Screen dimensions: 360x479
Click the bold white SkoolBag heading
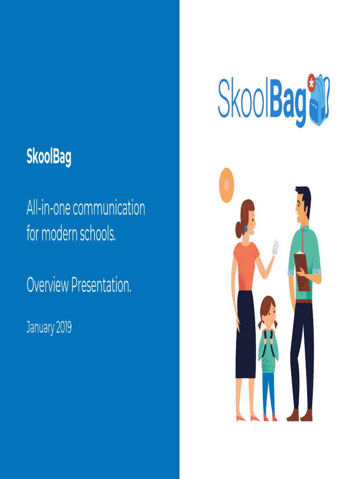tap(49, 157)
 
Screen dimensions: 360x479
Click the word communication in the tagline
tap(109, 208)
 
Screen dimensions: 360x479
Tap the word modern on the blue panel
tap(59, 234)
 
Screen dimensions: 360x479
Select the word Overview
tap(48, 285)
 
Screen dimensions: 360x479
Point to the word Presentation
tap(101, 285)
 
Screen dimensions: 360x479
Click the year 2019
tap(64, 327)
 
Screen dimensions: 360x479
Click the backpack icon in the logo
tap(320, 101)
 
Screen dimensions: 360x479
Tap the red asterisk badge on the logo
tap(311, 82)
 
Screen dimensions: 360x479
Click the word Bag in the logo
tap(288, 101)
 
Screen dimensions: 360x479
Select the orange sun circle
tap(227, 185)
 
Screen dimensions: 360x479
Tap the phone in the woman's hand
tap(276, 248)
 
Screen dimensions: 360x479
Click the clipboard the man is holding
tap(302, 271)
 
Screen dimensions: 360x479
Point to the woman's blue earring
tap(246, 228)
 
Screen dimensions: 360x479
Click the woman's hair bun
tap(239, 230)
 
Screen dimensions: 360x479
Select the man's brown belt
tap(303, 301)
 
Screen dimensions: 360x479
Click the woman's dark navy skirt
tap(245, 334)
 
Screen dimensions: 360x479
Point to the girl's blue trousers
tap(268, 393)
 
